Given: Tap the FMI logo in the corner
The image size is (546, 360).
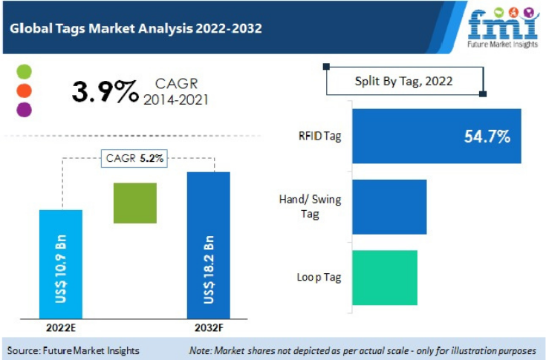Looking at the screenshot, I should click(503, 28).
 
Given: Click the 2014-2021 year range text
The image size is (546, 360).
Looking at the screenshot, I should click(176, 99).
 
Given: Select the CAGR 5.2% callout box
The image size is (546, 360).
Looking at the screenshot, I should click(134, 157).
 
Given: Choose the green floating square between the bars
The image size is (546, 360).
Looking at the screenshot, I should click(134, 203).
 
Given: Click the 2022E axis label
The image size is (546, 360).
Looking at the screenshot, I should click(60, 326).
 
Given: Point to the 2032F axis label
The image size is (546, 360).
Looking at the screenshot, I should click(209, 326).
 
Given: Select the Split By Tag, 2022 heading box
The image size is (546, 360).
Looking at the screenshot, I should click(404, 81).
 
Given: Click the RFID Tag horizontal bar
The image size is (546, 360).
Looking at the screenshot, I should click(436, 136).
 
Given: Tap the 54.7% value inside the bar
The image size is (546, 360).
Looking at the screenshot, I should click(487, 137).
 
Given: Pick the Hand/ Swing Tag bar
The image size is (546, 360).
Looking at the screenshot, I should click(389, 206).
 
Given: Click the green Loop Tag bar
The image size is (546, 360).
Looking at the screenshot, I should click(384, 277).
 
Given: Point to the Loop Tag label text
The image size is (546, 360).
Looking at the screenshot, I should click(319, 277).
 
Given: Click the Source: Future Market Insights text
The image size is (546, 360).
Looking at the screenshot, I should click(74, 350).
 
